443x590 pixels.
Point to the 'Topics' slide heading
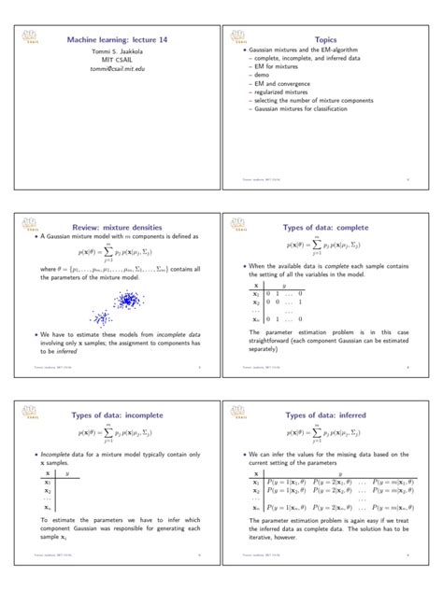[x=325, y=41]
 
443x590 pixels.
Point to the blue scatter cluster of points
[x=129, y=302]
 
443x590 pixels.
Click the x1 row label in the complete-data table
[x=255, y=294]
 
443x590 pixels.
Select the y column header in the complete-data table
[x=283, y=286]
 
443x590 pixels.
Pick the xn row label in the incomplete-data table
[x=48, y=508]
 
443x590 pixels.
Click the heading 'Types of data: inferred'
[x=326, y=415]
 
